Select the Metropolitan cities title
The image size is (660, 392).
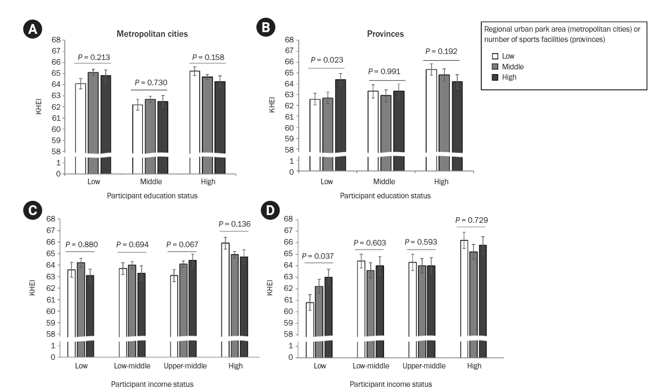(152, 34)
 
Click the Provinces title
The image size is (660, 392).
(385, 34)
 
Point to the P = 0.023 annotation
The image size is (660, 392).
(327, 60)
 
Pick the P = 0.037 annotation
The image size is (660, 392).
(318, 256)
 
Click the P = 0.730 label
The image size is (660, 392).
(151, 83)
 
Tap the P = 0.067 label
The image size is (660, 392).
(182, 245)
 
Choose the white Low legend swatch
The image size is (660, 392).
(495, 56)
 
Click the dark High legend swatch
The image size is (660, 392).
(495, 78)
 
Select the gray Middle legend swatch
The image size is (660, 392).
(495, 67)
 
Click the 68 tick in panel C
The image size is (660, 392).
(51, 219)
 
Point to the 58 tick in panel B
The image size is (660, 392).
(289, 150)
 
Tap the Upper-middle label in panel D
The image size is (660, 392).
(424, 366)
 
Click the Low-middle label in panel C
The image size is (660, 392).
(132, 366)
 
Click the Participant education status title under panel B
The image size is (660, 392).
(385, 196)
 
